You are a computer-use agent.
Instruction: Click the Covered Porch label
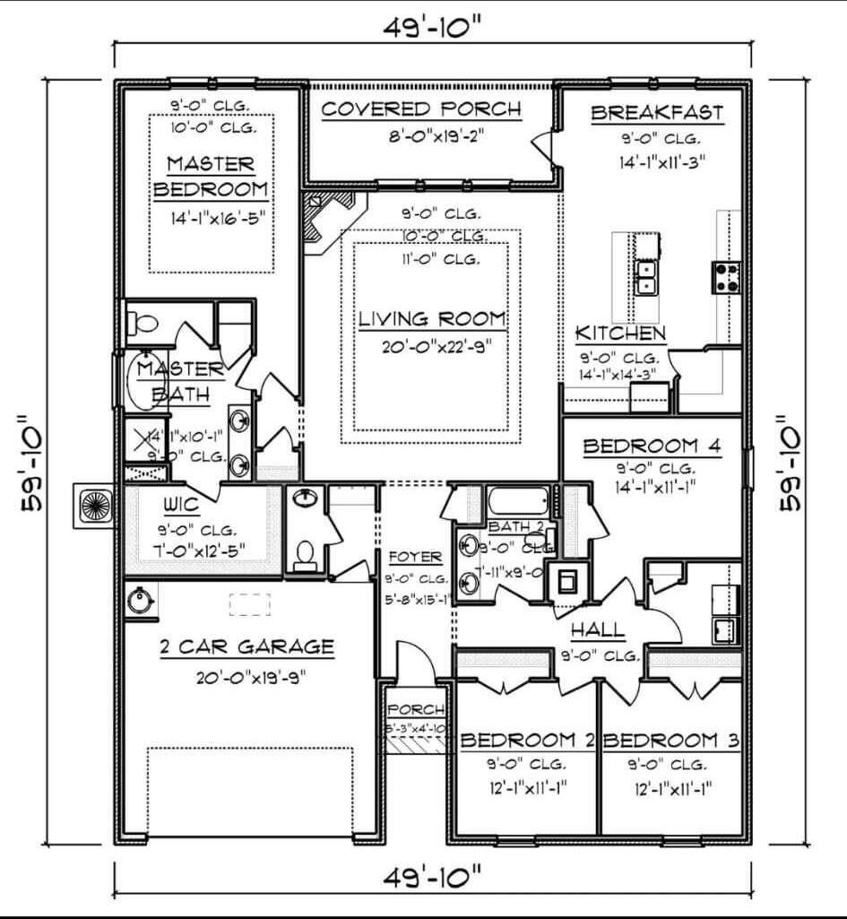click(420, 109)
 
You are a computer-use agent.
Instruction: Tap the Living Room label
click(433, 318)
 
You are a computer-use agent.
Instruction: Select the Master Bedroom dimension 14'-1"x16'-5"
click(211, 217)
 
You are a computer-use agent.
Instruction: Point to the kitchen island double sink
click(645, 278)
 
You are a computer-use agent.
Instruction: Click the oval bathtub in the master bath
click(146, 383)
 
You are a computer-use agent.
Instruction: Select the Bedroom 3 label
click(671, 741)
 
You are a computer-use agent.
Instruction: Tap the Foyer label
click(415, 557)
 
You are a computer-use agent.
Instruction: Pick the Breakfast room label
click(656, 113)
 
